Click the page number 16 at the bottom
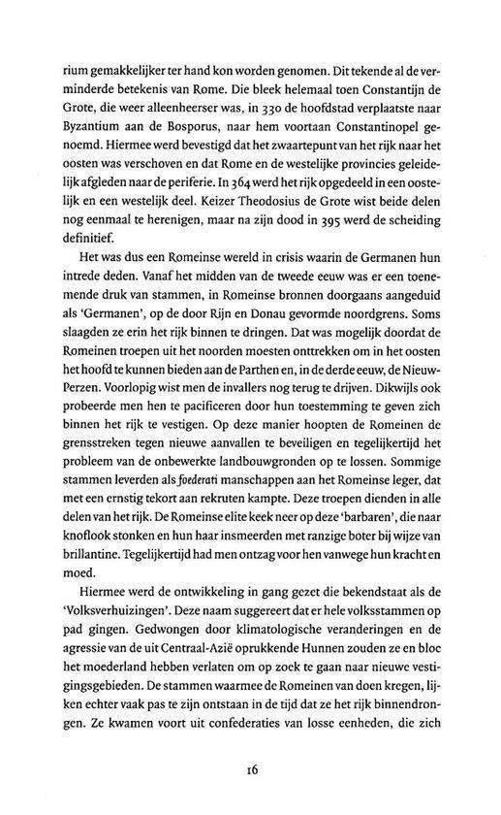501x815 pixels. pyautogui.click(x=250, y=771)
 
